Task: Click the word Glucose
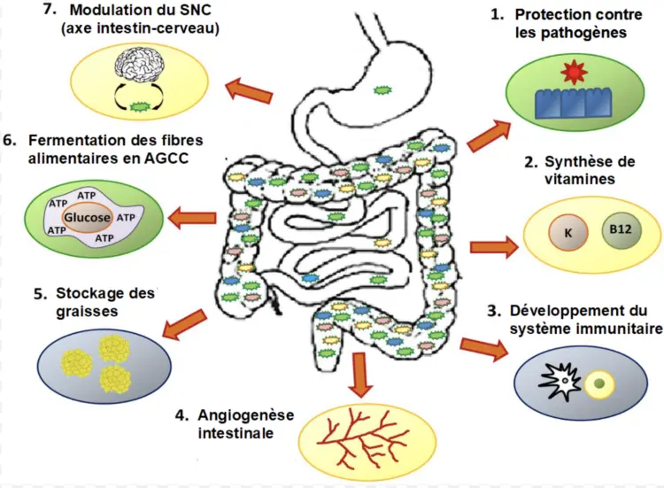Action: (x=87, y=218)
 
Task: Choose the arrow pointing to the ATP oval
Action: (x=192, y=216)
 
